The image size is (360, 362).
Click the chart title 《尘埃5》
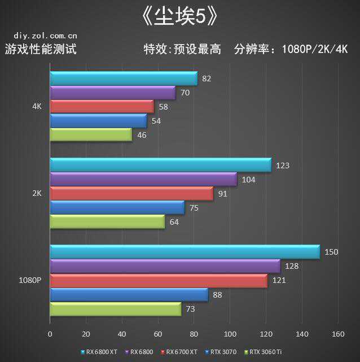180,16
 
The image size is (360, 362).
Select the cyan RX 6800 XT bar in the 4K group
124,78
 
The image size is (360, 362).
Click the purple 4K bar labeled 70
112,93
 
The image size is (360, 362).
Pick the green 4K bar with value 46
91,135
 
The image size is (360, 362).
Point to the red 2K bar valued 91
131,194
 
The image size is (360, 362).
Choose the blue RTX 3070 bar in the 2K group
117,208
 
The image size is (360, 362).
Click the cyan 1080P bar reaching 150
185,252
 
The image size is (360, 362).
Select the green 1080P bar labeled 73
116,309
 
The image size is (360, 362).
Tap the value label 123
282,165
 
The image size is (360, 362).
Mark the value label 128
291,266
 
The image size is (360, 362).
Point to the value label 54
156,121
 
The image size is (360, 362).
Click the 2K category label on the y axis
37,193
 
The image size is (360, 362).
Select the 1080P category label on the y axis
30,280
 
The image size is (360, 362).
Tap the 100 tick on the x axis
230,334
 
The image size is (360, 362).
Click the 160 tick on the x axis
338,334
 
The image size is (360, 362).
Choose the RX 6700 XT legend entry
181,352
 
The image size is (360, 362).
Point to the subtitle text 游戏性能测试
41,49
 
